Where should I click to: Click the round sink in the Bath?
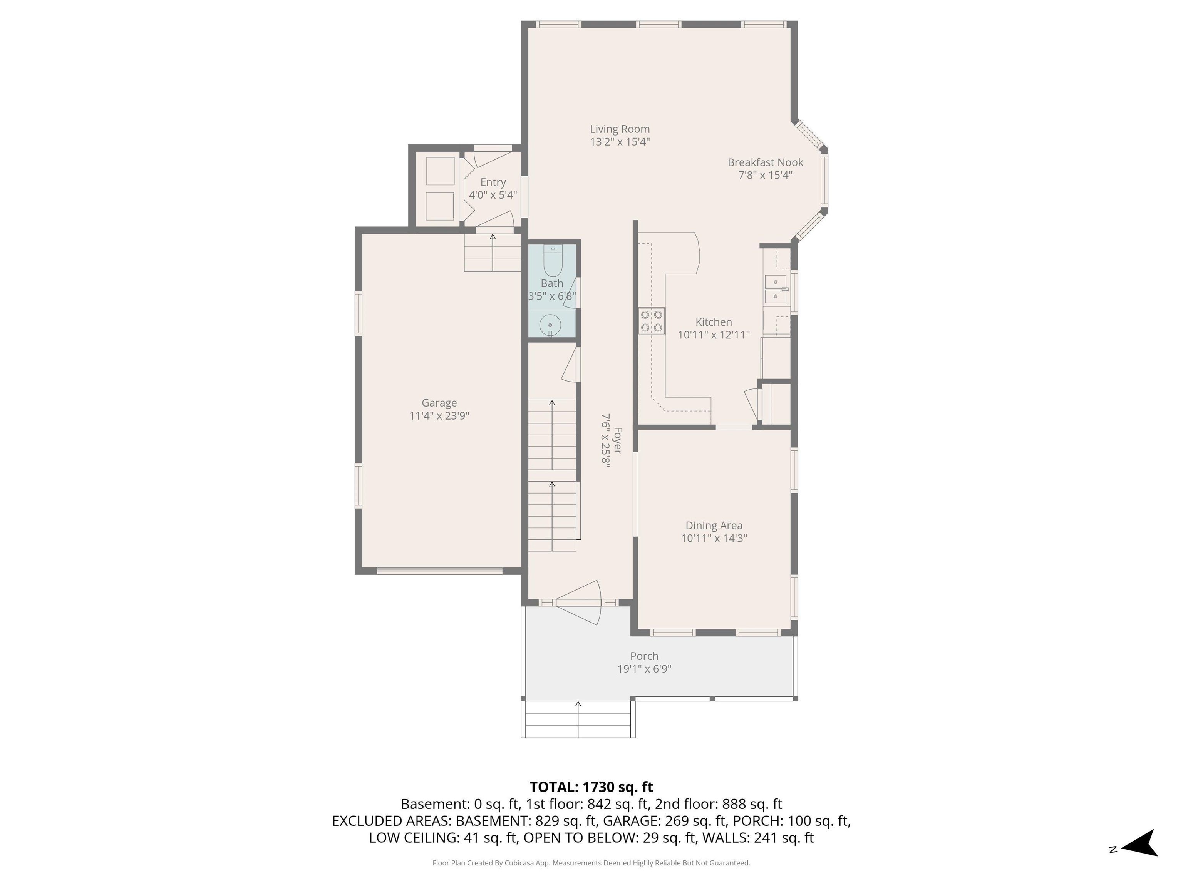point(550,325)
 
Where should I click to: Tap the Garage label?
point(439,403)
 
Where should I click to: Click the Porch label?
point(644,656)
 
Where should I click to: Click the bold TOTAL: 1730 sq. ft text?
point(591,787)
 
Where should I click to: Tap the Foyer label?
point(618,440)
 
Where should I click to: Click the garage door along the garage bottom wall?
point(440,571)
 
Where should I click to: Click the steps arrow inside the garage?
point(493,251)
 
